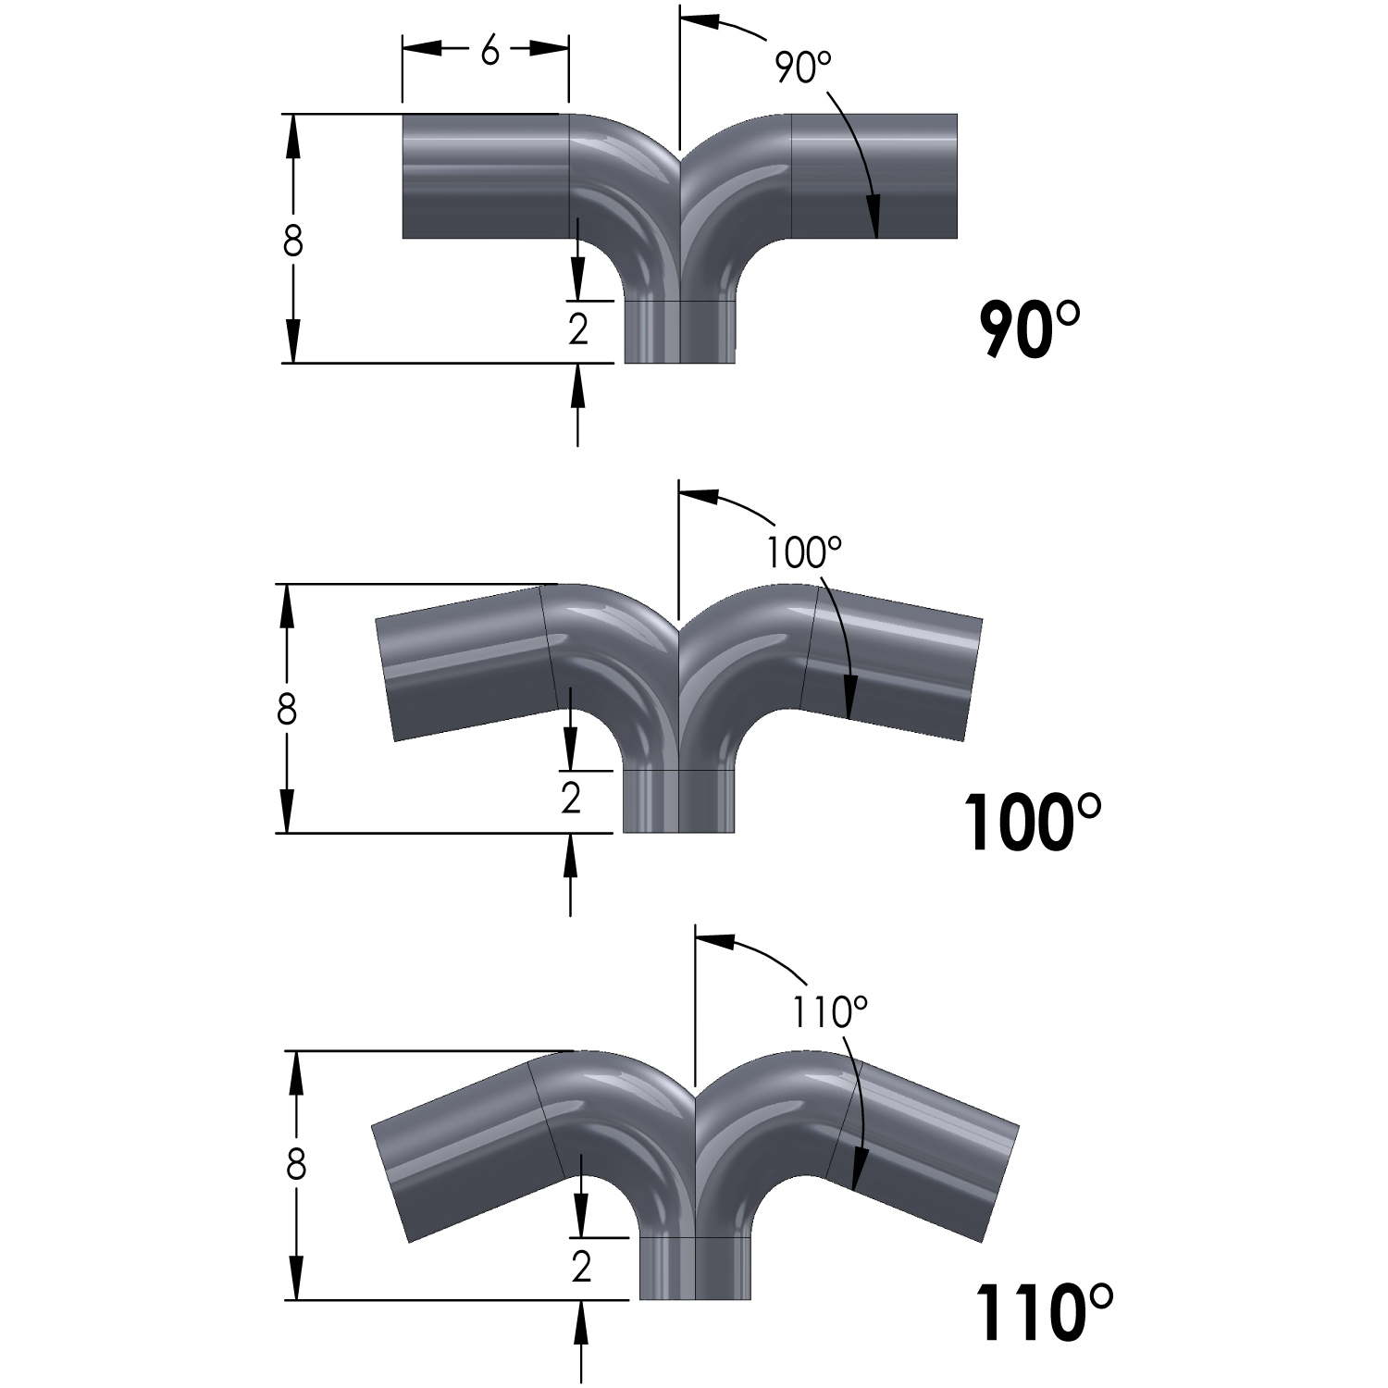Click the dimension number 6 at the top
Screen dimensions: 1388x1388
pos(489,53)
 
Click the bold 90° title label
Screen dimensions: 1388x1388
pos(1029,328)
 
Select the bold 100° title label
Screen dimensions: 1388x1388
pos(1033,821)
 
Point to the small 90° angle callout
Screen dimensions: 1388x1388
pos(803,68)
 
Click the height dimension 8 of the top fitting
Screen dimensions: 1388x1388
pos(292,242)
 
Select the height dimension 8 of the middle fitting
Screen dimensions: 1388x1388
pos(286,710)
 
